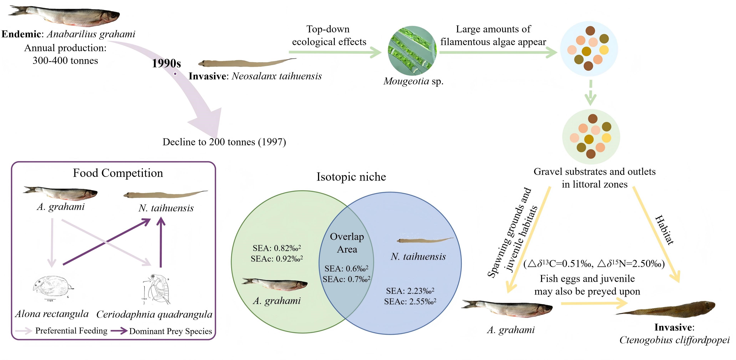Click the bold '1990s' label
(x=166, y=63)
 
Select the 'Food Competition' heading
(x=118, y=173)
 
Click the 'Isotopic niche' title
(x=351, y=177)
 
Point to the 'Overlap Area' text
(x=347, y=243)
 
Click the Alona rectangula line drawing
(x=53, y=287)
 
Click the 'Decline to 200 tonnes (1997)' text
(x=224, y=142)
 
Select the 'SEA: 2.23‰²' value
(x=410, y=291)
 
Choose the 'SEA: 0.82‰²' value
(x=277, y=248)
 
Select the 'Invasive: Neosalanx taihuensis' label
(x=255, y=76)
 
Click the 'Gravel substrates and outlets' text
(x=594, y=172)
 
